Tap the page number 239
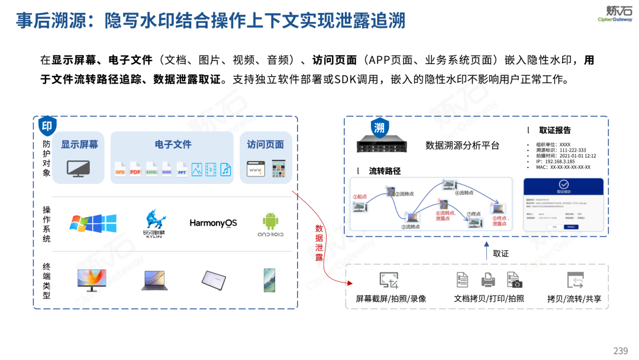coord(620,351)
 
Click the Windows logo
coord(93,223)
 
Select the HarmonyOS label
coord(213,223)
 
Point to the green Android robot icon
coord(270,221)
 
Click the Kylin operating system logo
coord(156,222)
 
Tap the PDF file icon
coord(135,169)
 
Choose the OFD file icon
coord(120,169)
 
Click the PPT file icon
coord(182,169)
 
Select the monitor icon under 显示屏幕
coord(79,169)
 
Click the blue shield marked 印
coord(47,126)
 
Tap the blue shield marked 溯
coord(379,127)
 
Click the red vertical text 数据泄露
coord(319,243)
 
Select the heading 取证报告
coord(554,130)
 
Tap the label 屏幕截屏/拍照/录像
coord(390,299)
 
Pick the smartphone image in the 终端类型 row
coord(270,279)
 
